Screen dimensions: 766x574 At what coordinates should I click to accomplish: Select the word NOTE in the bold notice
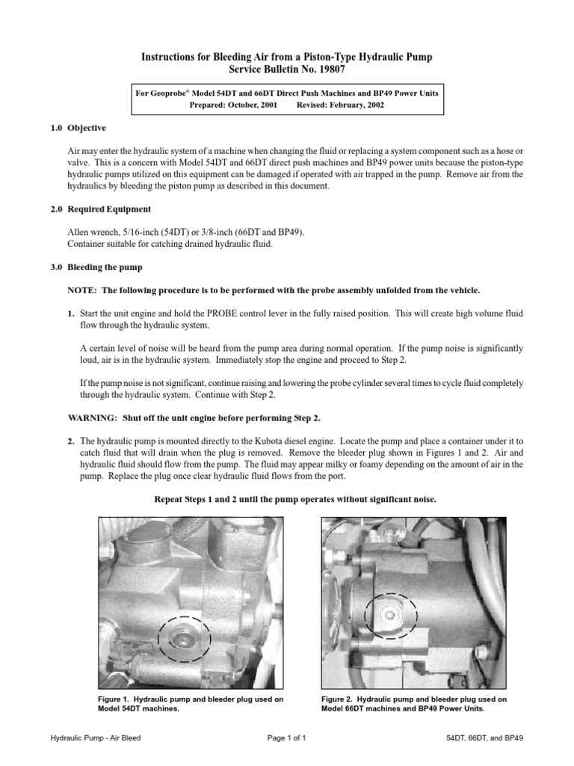pos(81,289)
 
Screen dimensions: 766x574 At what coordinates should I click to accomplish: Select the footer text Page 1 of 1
pos(286,738)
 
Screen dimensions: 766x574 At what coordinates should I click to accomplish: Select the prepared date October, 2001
pos(250,105)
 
